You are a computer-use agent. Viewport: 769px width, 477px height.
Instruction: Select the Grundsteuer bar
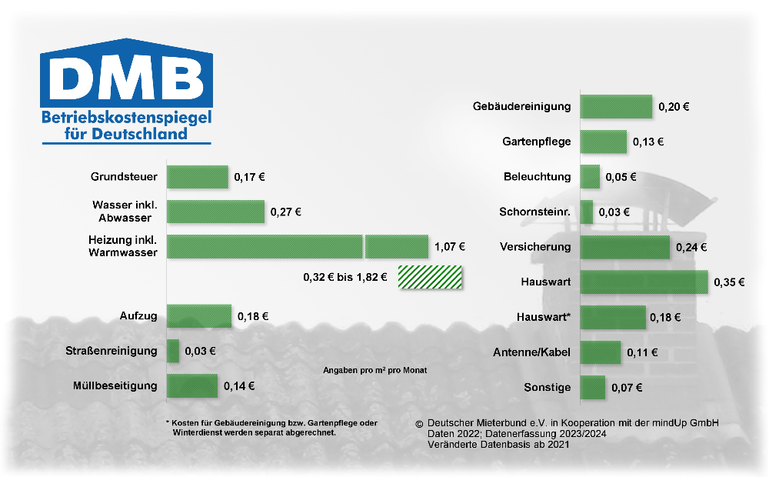point(198,177)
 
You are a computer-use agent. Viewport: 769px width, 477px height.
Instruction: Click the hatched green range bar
point(430,277)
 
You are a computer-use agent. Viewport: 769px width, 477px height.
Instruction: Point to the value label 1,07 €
point(450,247)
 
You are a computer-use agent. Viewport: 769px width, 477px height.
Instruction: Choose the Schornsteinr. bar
point(587,212)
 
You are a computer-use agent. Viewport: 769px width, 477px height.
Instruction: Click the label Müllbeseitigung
point(115,385)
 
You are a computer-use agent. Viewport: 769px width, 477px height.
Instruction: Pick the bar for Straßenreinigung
point(173,351)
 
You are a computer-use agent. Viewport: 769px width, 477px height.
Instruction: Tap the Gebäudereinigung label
point(521,106)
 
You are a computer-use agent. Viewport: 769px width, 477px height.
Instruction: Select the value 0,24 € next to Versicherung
point(691,247)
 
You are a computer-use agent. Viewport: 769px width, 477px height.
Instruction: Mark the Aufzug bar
point(199,316)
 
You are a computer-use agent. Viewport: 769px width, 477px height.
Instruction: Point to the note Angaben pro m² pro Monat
point(375,370)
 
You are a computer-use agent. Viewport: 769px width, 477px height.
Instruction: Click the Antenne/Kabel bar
point(601,352)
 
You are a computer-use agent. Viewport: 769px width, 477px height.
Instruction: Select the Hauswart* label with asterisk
point(544,317)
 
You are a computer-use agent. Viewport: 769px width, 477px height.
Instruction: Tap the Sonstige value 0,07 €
point(627,387)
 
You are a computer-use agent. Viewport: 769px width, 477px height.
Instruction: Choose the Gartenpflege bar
point(604,142)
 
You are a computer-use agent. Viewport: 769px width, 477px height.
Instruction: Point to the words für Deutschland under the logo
point(126,134)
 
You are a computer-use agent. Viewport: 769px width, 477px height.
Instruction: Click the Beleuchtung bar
point(590,176)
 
